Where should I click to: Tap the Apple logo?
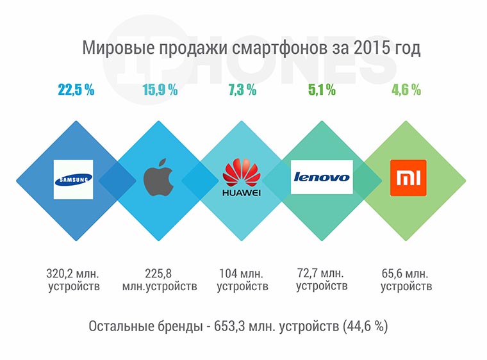tap(159, 179)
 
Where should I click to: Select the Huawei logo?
tap(242, 179)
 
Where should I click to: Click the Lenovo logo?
tap(321, 177)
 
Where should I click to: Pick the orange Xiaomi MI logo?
tap(408, 179)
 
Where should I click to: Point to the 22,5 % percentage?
tap(76, 90)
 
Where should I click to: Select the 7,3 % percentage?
tap(242, 90)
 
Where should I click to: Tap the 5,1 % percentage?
tap(322, 90)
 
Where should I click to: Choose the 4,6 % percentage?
tap(406, 90)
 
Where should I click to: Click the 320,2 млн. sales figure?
tap(74, 272)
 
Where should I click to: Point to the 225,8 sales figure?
tap(159, 272)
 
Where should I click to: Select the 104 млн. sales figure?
tap(242, 272)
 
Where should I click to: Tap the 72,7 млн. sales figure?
tap(322, 271)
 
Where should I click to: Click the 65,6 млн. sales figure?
tap(406, 272)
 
